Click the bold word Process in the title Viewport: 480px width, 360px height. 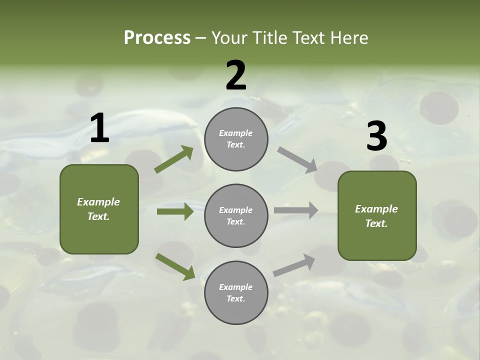(157, 38)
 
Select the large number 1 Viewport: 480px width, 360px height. (99, 128)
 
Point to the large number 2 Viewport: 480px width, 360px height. (236, 75)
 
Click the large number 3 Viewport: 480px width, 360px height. (376, 136)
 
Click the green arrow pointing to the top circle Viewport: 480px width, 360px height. (174, 159)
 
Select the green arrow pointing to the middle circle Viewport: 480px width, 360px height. (175, 211)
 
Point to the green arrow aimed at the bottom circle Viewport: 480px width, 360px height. (175, 266)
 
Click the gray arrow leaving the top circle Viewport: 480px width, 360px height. (297, 160)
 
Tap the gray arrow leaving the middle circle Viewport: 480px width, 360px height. (296, 210)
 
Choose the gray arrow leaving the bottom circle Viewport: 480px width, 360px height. (294, 265)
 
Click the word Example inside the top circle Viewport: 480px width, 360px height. (235, 133)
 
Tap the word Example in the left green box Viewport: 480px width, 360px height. (98, 202)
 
